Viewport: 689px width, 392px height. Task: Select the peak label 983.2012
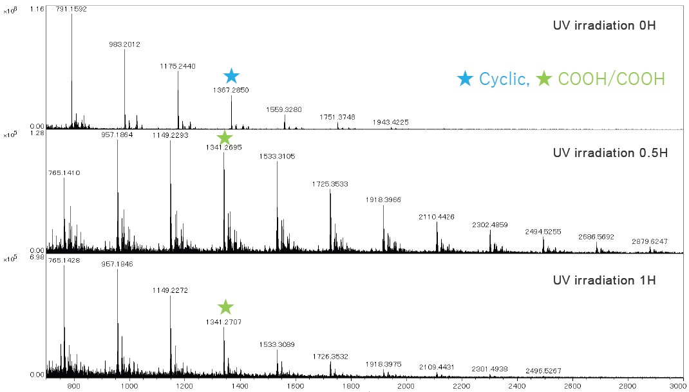tap(124, 44)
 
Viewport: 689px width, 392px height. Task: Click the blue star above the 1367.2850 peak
tap(231, 76)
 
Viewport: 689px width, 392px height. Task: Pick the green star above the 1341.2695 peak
tap(224, 138)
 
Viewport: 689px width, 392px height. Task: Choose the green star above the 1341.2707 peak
tap(225, 307)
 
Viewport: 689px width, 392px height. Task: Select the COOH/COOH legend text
tap(611, 79)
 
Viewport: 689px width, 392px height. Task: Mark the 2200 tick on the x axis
tap(461, 386)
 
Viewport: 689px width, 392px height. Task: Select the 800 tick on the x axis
tap(73, 386)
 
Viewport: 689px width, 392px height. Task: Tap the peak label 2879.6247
tap(650, 241)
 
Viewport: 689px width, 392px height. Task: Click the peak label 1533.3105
tap(278, 156)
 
